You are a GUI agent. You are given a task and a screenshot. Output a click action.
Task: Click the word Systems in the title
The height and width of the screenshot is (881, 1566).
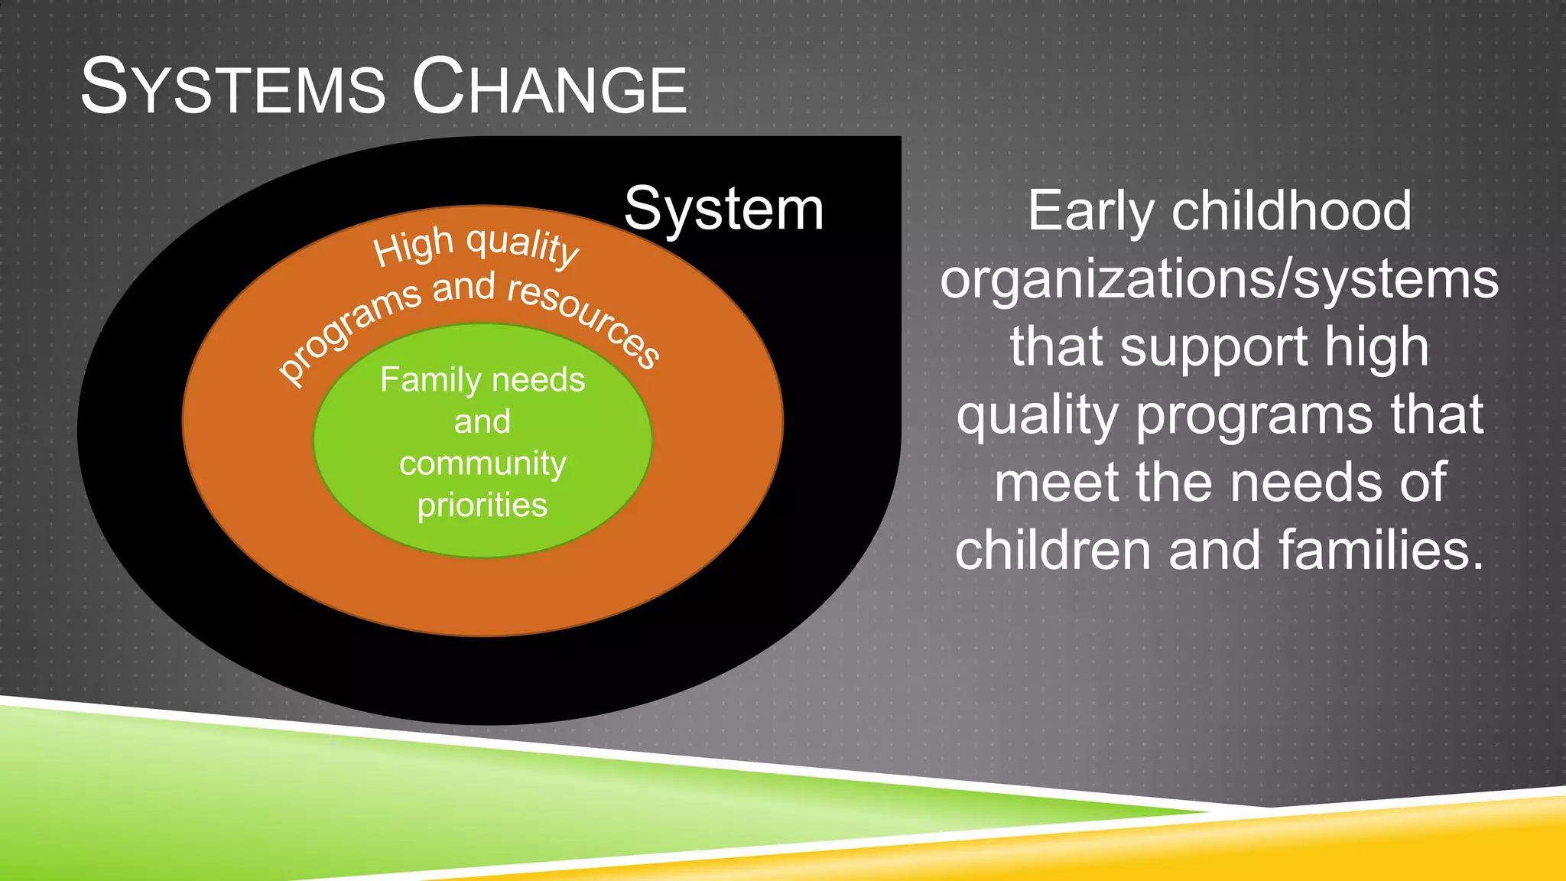coord(233,87)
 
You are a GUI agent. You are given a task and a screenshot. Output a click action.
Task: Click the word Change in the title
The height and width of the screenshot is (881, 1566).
coord(549,87)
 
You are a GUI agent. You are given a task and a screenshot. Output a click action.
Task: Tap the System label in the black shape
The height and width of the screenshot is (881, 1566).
coord(723,209)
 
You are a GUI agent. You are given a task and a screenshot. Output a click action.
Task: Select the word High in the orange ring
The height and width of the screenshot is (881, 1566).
coord(414,247)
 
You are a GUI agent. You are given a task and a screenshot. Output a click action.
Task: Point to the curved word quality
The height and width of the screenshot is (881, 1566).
coord(523,245)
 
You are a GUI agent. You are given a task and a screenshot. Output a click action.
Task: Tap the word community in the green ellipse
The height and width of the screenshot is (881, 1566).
coord(482,463)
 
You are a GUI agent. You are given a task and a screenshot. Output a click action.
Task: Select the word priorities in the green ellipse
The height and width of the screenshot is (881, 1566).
coord(482,506)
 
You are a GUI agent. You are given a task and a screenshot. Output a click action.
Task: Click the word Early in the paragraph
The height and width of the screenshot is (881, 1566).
coord(1090,212)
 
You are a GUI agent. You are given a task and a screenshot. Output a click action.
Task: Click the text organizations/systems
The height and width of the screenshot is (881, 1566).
coord(1219,279)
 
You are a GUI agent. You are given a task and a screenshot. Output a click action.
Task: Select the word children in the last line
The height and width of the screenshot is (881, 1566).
coord(1052,551)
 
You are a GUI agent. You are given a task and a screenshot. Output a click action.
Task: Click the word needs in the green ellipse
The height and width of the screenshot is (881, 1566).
coord(538,380)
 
